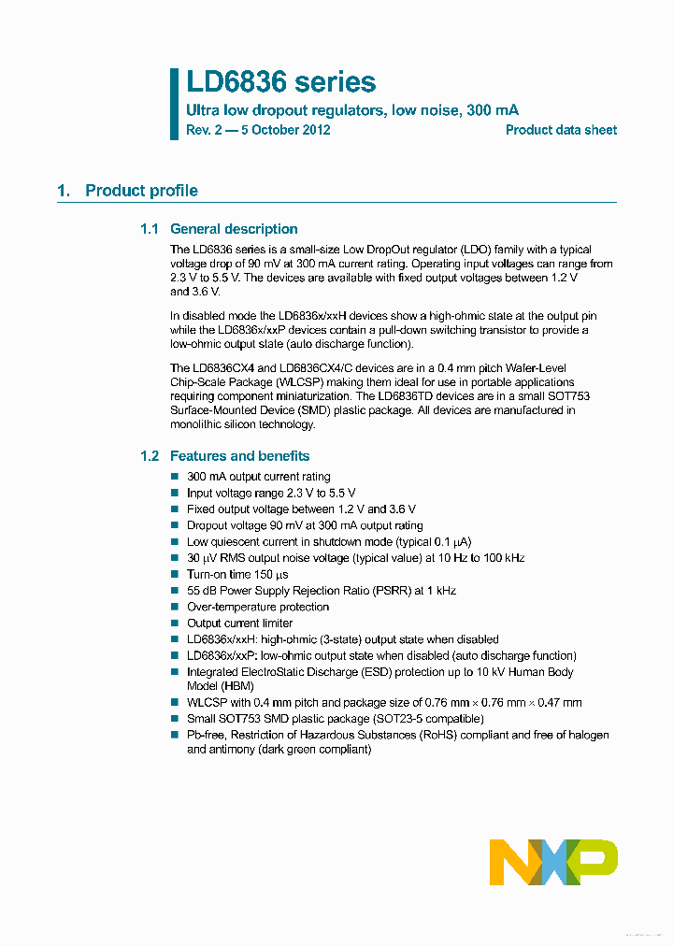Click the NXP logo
553,861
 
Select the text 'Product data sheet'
561,130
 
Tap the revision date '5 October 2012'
285,130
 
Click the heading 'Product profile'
141,191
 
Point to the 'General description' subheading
234,229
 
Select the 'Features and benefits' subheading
239,456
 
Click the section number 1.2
150,456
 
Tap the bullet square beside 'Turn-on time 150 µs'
174,575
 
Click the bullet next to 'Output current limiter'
174,623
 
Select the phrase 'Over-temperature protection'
258,607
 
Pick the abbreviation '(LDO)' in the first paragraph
474,250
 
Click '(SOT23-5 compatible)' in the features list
424,719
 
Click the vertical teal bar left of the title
174,104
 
